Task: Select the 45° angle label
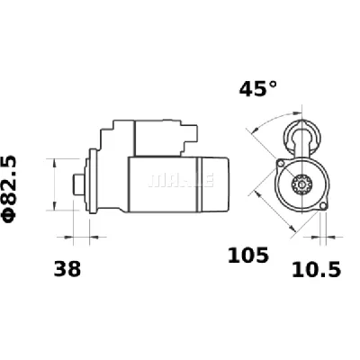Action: tap(258, 89)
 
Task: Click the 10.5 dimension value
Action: tap(317, 268)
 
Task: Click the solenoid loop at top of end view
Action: tap(300, 135)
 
